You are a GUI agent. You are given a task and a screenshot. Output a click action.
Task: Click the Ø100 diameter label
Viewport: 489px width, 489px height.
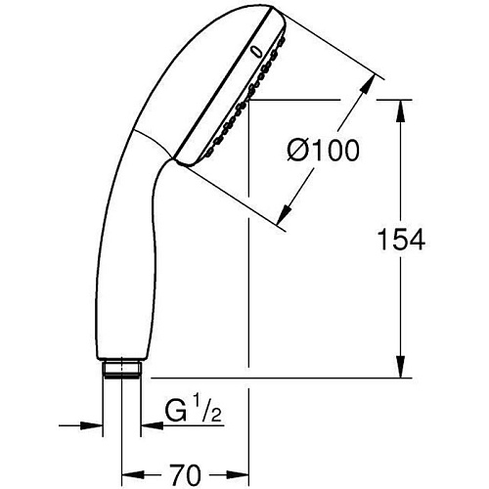click(x=323, y=150)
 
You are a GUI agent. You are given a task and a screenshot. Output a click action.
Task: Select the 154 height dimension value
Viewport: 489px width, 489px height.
click(x=401, y=240)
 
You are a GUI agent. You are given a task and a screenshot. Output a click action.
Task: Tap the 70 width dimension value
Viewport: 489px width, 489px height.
click(x=185, y=474)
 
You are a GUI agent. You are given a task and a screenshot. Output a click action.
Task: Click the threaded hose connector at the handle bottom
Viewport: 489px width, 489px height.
click(x=122, y=369)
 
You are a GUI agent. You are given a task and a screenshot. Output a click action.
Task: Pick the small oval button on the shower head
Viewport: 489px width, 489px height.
click(x=256, y=53)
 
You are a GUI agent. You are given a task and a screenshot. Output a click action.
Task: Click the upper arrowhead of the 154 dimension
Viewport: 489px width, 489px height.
click(x=401, y=111)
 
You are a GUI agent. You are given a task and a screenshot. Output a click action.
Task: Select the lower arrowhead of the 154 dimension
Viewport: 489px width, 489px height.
click(x=401, y=367)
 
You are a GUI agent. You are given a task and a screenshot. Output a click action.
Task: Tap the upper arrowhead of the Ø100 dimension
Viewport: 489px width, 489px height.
click(x=368, y=84)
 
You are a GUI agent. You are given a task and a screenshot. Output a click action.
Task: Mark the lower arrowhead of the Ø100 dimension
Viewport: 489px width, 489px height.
click(x=285, y=214)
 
